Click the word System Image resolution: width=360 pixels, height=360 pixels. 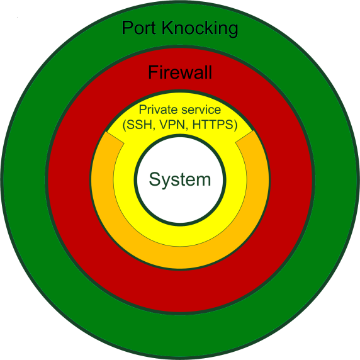(180, 179)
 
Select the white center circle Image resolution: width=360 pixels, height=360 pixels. (180, 201)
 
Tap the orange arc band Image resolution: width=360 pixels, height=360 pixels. (180, 256)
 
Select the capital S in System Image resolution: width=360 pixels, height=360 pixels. (155, 179)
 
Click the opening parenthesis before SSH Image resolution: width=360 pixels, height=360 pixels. (125, 125)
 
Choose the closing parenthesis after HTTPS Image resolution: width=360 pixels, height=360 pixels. (235, 125)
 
